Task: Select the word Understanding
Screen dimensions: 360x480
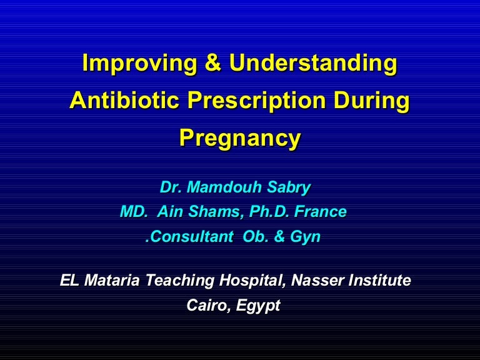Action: tap(313, 64)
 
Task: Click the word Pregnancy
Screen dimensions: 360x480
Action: tap(240, 138)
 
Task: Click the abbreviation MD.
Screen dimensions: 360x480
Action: tap(133, 212)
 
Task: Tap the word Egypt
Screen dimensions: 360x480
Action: tap(259, 306)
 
